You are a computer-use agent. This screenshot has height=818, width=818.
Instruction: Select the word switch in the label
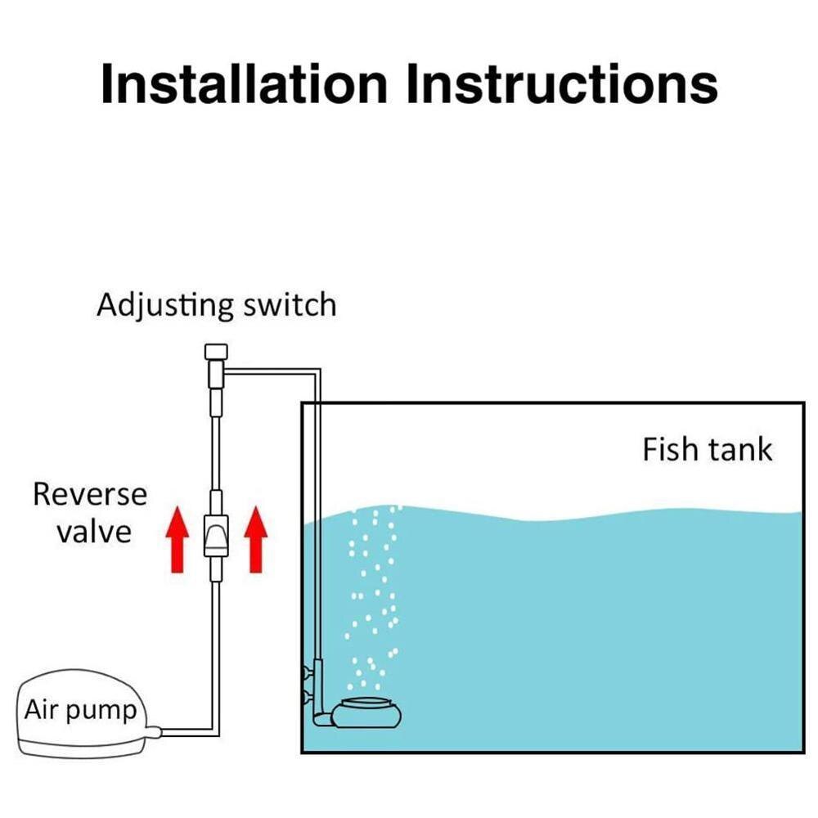[x=290, y=305]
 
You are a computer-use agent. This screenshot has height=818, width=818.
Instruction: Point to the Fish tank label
[x=707, y=449]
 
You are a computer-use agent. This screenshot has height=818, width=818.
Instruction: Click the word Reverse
[x=90, y=494]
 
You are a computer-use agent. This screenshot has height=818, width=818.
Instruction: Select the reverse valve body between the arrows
[x=215, y=536]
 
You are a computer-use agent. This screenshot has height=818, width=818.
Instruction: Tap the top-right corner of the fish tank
[x=804, y=403]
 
